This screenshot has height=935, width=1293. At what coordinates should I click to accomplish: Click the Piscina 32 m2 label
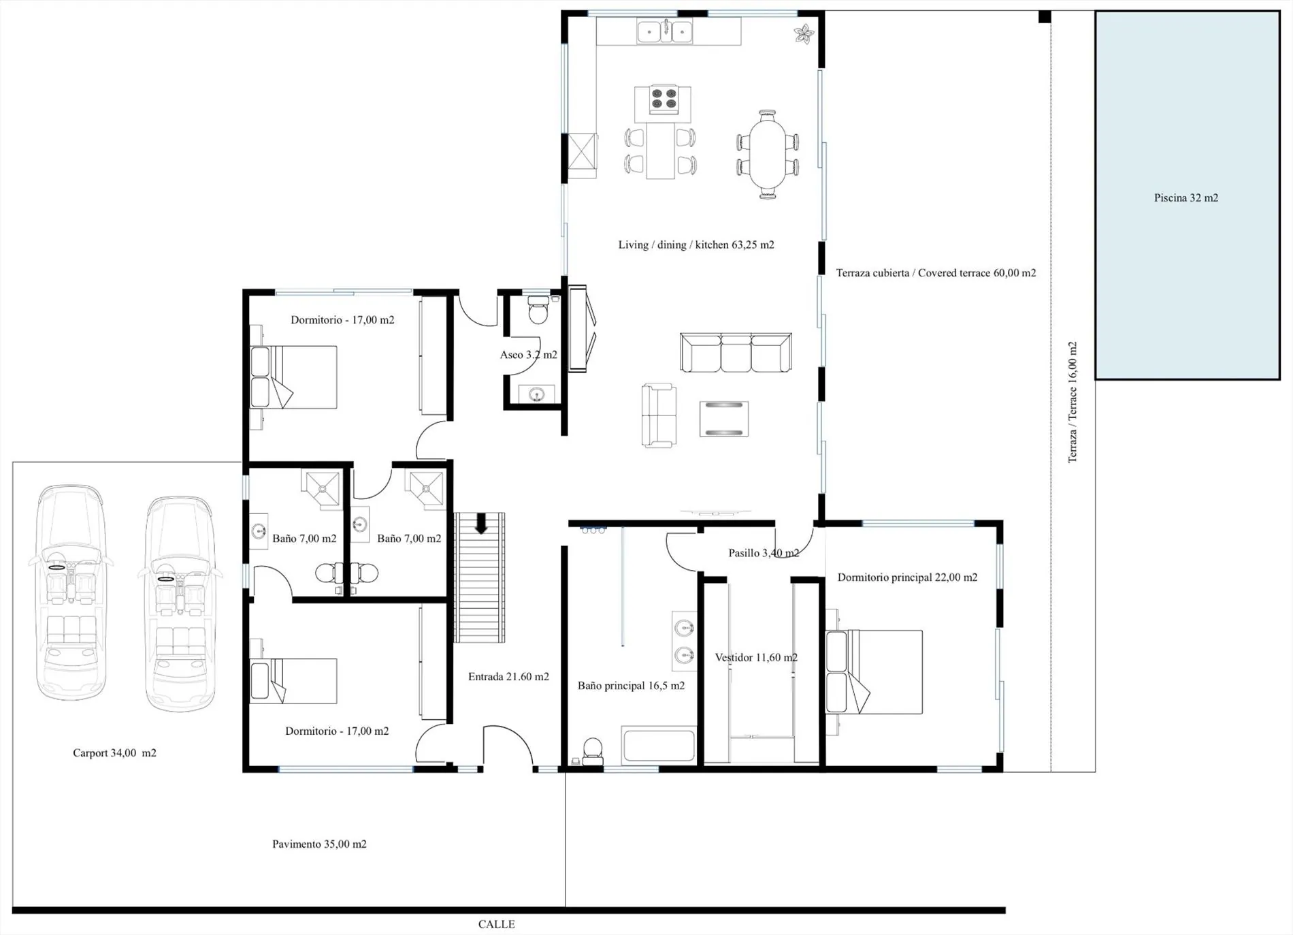(x=1185, y=198)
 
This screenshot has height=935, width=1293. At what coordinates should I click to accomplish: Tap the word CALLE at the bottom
(x=496, y=924)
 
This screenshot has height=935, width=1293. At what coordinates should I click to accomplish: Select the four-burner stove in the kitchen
(x=664, y=99)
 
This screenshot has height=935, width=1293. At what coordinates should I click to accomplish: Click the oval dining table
(x=767, y=154)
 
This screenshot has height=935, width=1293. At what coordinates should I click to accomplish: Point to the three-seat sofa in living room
(x=736, y=353)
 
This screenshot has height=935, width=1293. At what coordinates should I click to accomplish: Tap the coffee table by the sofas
(x=724, y=419)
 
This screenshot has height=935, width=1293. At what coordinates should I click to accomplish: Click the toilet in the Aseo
(x=538, y=310)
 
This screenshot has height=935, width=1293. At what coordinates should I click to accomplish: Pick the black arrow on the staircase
(x=481, y=524)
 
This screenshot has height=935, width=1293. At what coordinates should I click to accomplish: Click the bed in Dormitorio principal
(x=874, y=672)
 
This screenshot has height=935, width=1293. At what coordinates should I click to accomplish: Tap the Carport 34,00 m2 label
(x=114, y=753)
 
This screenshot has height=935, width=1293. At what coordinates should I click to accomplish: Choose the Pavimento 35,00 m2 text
(x=319, y=844)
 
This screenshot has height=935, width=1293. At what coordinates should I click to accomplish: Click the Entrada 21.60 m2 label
(x=508, y=677)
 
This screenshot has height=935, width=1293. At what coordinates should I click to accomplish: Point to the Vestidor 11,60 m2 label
(x=756, y=658)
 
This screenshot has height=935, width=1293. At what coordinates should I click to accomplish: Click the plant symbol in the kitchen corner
(x=804, y=33)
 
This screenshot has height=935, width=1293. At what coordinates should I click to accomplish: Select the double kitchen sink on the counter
(x=664, y=31)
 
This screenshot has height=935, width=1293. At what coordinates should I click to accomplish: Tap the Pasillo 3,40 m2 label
(x=764, y=553)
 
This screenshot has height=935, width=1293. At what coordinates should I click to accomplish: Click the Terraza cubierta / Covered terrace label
(x=936, y=273)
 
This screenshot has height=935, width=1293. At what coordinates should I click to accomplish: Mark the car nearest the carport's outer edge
(x=71, y=592)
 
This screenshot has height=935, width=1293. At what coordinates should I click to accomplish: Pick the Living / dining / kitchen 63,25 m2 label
(x=696, y=245)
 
